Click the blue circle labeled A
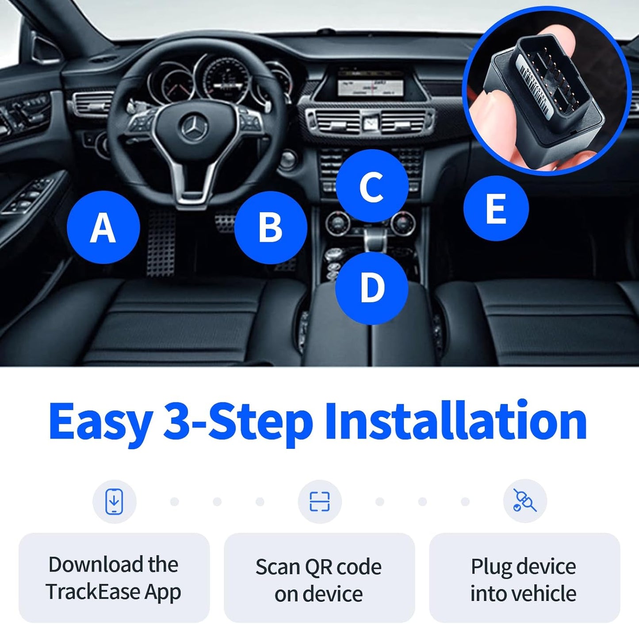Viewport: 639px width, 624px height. tap(103, 227)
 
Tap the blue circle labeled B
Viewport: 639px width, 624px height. tap(270, 227)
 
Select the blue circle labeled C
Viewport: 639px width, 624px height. tap(371, 186)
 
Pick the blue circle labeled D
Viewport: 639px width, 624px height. tap(371, 288)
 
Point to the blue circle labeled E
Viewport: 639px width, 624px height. tap(496, 208)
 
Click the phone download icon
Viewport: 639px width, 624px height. tap(114, 501)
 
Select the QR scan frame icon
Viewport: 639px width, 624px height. tap(319, 501)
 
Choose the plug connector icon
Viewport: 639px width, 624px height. tap(525, 501)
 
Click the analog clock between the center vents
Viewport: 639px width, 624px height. tap(370, 123)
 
